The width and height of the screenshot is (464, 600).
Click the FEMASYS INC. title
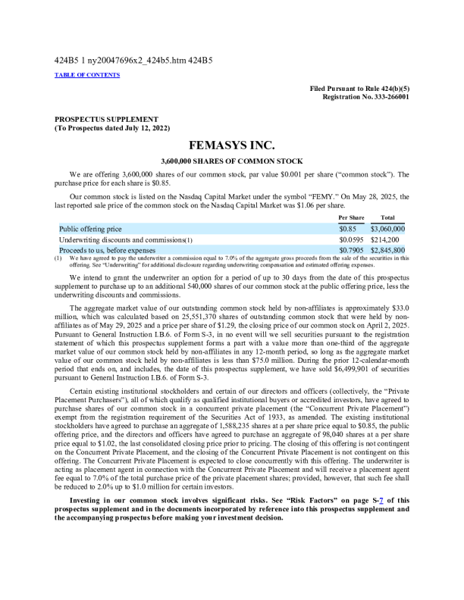[x=232, y=145]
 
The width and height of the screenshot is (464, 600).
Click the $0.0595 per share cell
[x=351, y=239]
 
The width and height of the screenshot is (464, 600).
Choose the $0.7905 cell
[x=351, y=249]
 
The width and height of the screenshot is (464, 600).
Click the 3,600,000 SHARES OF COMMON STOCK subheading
[x=232, y=161]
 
